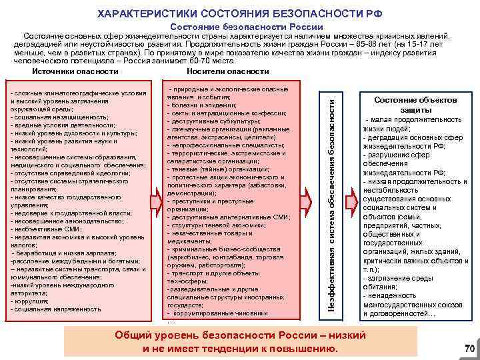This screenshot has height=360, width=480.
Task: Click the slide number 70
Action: click(x=469, y=348)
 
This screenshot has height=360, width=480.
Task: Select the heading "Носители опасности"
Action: click(x=228, y=71)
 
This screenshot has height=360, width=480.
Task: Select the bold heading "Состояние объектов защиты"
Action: click(x=415, y=104)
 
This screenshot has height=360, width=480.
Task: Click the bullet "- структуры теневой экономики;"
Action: click(x=213, y=225)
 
